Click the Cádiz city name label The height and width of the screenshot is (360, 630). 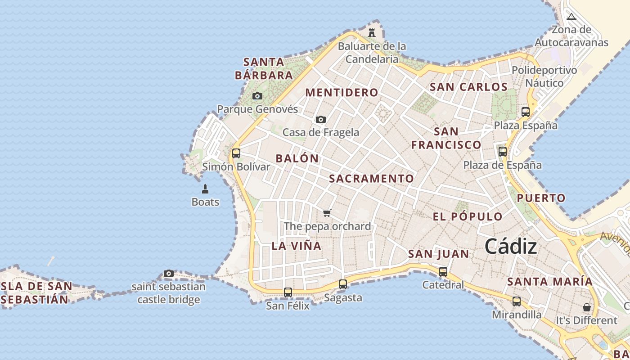click(x=511, y=247)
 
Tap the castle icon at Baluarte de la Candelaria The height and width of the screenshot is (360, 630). click(x=372, y=33)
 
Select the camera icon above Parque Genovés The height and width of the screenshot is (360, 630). click(x=257, y=96)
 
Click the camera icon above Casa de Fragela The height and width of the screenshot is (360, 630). click(x=321, y=119)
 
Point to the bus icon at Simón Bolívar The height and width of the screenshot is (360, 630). click(x=236, y=153)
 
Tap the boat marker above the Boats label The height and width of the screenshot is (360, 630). click(x=205, y=189)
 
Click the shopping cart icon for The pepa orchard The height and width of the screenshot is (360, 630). click(x=327, y=213)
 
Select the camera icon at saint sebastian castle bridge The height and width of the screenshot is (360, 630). click(x=169, y=273)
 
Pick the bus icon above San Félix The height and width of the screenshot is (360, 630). click(x=288, y=292)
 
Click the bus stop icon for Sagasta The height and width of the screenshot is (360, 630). click(x=343, y=284)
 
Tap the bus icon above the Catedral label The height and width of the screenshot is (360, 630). click(x=443, y=271)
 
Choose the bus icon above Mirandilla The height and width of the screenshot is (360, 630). click(x=517, y=301)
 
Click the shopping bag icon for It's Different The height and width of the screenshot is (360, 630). click(x=587, y=307)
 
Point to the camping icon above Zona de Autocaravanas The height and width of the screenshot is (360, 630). click(x=571, y=17)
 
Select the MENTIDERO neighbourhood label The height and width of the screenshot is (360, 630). click(x=342, y=93)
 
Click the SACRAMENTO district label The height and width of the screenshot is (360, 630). click(x=371, y=179)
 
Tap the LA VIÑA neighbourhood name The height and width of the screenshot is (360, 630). click(x=297, y=246)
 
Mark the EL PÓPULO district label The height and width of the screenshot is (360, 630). click(x=468, y=216)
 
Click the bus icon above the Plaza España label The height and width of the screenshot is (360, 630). click(x=526, y=112)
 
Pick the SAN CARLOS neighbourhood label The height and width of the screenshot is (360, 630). click(x=468, y=87)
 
